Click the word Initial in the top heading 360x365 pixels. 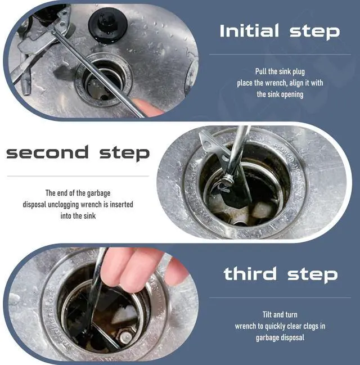[x=249, y=30]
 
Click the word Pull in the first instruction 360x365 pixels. [x=260, y=71]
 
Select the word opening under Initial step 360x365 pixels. [x=292, y=94]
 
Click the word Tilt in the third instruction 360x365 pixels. [x=267, y=314]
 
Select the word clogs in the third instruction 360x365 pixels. [x=307, y=326]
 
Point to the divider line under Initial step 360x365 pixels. [x=280, y=55]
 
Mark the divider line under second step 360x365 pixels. [x=78, y=176]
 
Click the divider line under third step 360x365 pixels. [x=280, y=298]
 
